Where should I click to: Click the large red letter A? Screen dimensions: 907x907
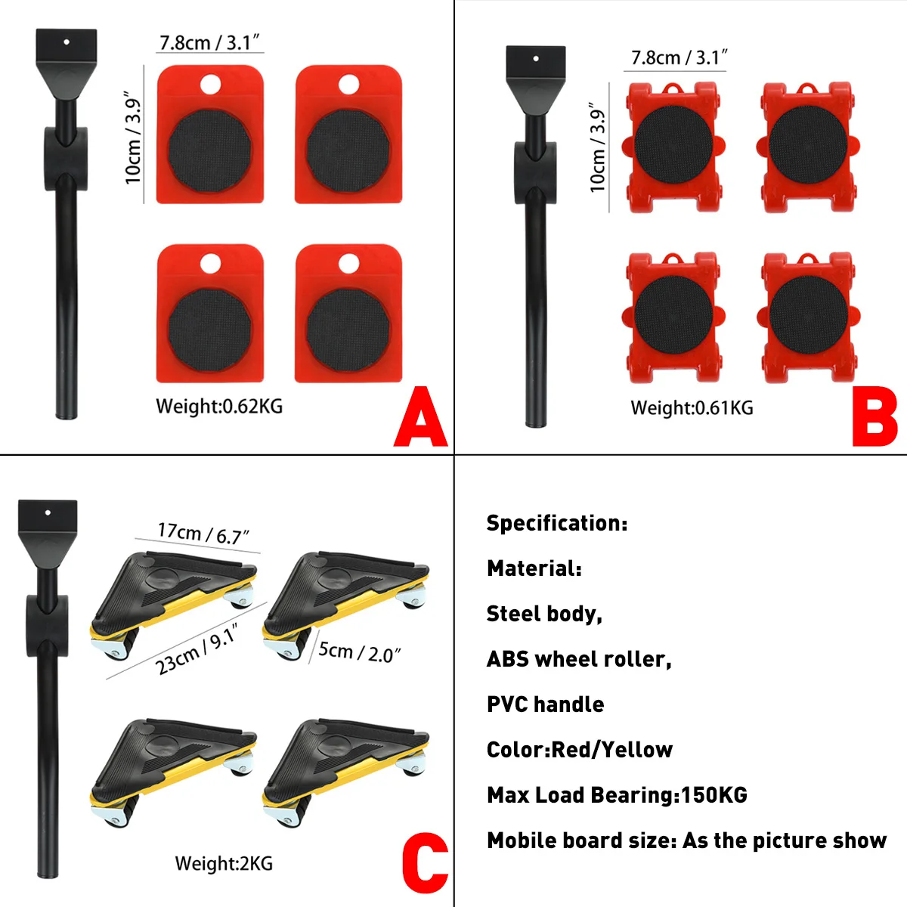tap(421, 417)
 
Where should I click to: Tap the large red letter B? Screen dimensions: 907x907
tap(874, 417)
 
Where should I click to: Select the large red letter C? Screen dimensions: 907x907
tap(424, 863)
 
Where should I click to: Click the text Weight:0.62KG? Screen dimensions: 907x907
tap(219, 407)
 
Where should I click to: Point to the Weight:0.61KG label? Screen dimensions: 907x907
tap(692, 408)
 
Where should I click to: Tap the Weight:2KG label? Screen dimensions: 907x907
tap(224, 863)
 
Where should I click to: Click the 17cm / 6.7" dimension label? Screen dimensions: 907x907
tap(203, 534)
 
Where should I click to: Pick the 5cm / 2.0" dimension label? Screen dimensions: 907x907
tap(359, 652)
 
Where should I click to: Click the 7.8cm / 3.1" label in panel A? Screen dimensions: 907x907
tap(209, 42)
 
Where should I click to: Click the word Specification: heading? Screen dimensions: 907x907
tap(557, 523)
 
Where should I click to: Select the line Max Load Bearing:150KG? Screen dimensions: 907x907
tap(617, 795)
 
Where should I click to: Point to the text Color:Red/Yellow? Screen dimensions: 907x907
tap(580, 750)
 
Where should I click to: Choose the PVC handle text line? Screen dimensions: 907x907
tap(546, 704)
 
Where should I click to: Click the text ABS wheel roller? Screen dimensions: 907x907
tap(579, 659)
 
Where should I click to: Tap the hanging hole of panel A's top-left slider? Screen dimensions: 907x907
tap(210, 83)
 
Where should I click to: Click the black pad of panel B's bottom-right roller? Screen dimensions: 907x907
tap(809, 314)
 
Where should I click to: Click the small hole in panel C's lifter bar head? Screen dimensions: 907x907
tap(48, 513)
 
